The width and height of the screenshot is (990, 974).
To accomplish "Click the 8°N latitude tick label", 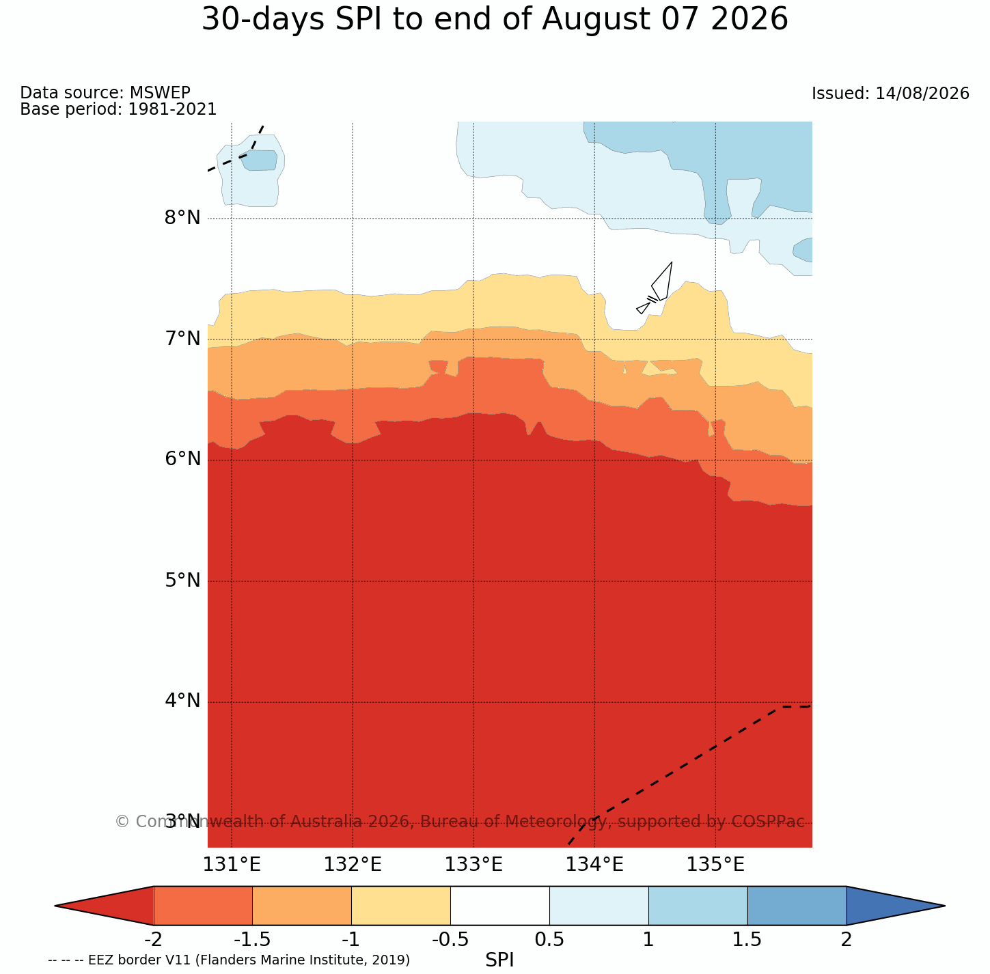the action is point(182,218).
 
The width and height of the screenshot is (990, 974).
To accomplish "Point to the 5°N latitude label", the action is point(182,580).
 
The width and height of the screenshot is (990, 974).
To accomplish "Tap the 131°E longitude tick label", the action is point(232,865).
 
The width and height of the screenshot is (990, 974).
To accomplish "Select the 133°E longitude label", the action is point(473,865).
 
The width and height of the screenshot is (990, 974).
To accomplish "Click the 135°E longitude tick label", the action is point(715,865).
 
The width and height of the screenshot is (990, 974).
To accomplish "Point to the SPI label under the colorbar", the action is point(499,960).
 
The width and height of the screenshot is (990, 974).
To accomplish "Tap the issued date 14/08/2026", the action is point(922,94).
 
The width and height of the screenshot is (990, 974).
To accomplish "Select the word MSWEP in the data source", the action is point(160,92).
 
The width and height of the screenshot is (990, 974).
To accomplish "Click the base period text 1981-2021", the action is point(172,109).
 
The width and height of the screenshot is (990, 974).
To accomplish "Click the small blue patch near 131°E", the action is point(260,161).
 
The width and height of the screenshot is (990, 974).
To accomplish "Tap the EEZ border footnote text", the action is point(229,960).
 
